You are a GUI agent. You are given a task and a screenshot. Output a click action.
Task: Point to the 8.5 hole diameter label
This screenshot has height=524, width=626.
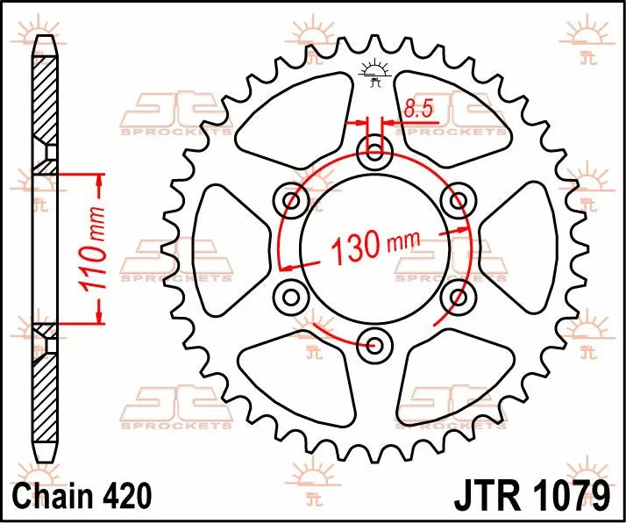point(417,109)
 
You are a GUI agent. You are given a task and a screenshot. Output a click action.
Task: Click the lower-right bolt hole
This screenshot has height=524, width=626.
point(457,296)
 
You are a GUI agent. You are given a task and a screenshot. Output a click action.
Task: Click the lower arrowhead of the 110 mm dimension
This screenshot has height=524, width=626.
point(99,313)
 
